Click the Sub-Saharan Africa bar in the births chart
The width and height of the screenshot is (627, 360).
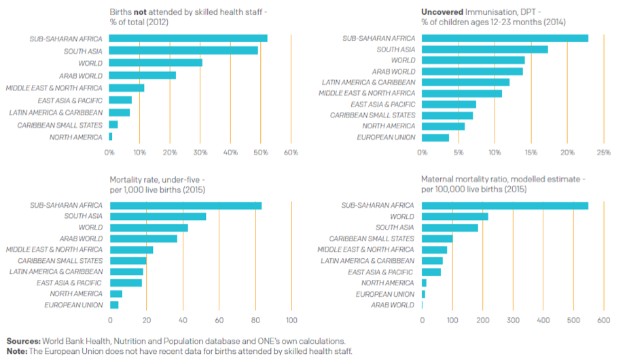187,39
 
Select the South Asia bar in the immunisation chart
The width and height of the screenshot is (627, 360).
484,49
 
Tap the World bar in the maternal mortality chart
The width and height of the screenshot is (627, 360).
454,216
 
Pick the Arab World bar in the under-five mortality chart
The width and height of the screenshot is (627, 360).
143,238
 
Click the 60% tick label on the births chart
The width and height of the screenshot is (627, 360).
291,152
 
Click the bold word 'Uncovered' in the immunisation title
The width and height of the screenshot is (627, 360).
442,12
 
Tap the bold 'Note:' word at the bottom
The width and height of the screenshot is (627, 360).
18,351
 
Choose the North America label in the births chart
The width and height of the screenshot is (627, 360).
76,137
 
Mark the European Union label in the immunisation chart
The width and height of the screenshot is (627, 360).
386,137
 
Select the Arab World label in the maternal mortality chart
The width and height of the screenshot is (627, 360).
392,305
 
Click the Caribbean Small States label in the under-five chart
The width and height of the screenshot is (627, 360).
60,260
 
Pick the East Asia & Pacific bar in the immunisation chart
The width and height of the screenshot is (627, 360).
449,104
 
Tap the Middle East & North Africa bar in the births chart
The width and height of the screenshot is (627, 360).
126,88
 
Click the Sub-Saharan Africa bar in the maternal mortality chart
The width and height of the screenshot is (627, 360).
505,205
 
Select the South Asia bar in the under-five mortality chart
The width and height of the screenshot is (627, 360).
158,216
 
